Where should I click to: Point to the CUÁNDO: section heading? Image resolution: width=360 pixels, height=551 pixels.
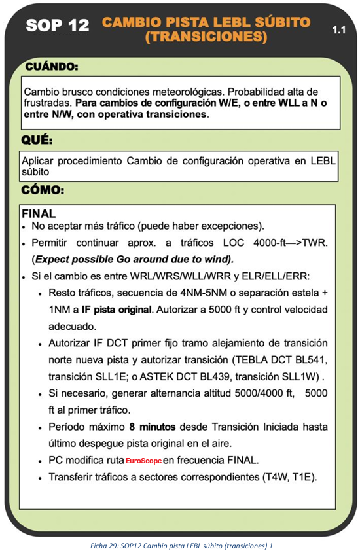(x=52, y=67)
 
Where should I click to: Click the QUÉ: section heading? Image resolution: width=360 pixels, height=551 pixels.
(x=37, y=140)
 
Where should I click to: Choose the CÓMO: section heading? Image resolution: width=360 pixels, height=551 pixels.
(x=43, y=190)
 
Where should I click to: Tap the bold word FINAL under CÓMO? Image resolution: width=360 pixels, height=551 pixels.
(x=39, y=213)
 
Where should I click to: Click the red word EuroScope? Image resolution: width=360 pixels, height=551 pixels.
(x=143, y=461)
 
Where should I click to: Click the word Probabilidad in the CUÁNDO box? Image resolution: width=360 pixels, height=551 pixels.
(x=245, y=92)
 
